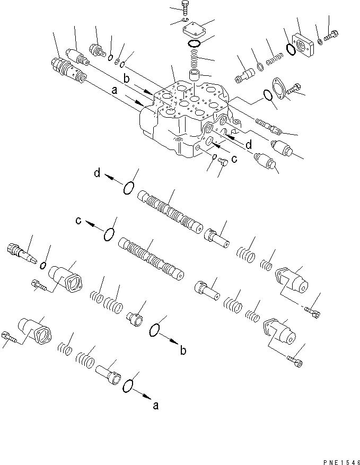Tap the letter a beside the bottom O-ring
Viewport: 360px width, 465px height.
155,407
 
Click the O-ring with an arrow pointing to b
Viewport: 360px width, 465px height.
156,330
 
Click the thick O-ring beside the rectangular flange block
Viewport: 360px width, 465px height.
290,49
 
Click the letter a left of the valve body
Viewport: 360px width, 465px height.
115,91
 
